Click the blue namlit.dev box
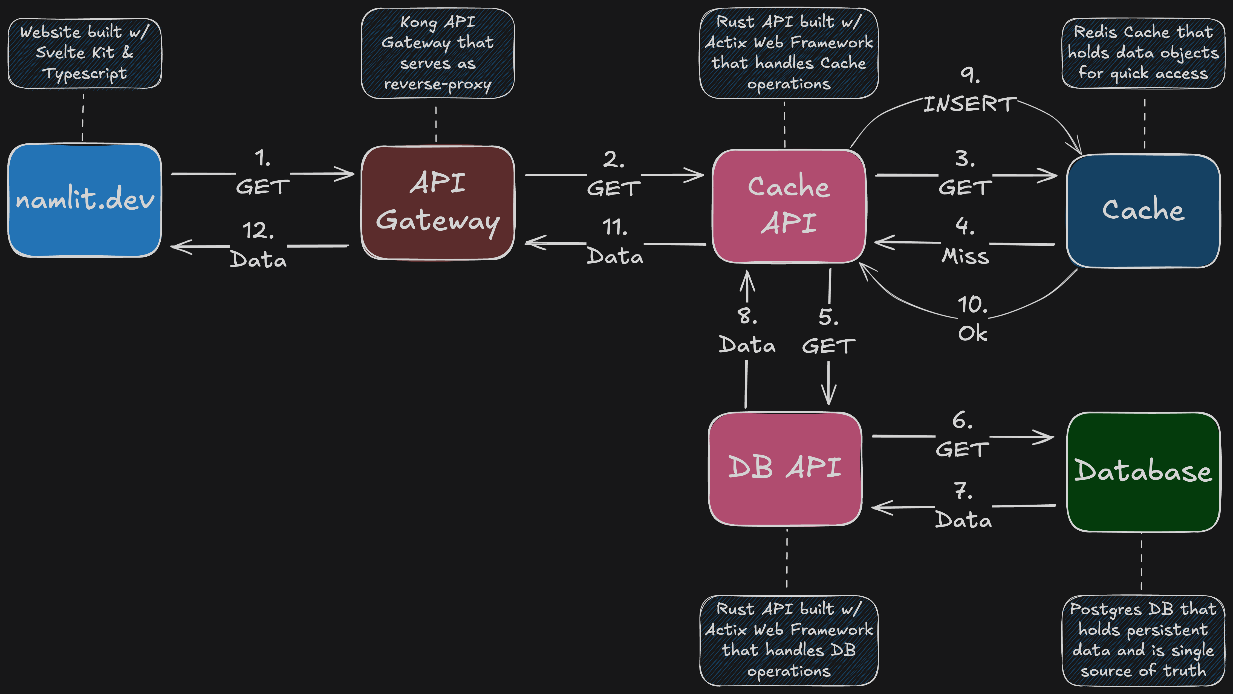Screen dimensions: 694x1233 85,200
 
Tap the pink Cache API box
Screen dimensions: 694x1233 789,206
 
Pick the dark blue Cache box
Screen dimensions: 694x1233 1143,211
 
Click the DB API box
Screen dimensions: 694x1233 785,468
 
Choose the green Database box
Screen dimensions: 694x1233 1143,472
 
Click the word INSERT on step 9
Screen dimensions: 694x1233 970,104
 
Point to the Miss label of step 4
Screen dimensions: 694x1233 965,256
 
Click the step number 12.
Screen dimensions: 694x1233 258,231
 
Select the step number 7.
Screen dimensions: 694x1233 963,491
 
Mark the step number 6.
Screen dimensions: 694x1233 962,421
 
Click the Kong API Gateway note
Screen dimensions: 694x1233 437,53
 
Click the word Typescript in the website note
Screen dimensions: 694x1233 85,74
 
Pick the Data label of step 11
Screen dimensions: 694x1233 615,256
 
